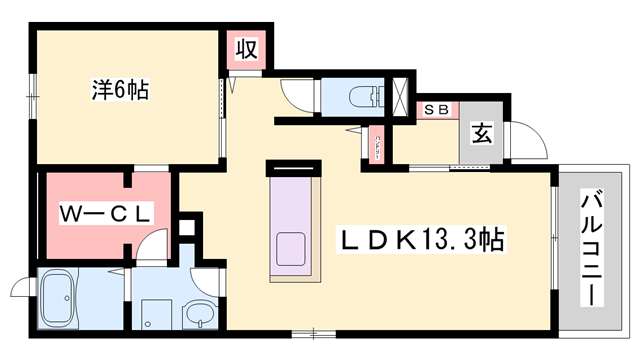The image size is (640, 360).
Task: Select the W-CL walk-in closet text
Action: click(x=104, y=212)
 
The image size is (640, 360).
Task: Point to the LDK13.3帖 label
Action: click(x=422, y=240)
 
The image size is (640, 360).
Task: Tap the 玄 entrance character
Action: click(x=480, y=130)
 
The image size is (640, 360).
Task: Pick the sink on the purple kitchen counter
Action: click(x=294, y=246)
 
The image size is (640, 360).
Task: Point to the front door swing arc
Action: click(x=528, y=140)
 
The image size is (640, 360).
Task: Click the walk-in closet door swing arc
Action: click(x=151, y=246)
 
